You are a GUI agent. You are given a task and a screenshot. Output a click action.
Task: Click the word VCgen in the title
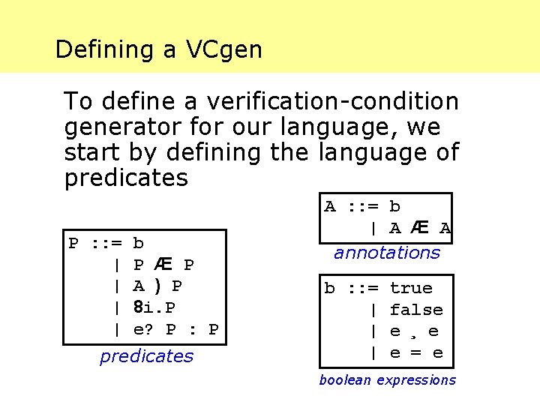[224, 49]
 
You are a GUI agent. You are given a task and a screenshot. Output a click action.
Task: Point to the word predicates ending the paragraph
[126, 178]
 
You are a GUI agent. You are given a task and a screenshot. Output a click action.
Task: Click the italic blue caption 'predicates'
[146, 356]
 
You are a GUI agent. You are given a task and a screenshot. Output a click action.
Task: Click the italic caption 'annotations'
[387, 253]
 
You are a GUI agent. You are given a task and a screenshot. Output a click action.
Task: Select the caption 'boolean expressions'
[387, 380]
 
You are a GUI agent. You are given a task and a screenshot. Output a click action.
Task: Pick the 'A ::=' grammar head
[352, 206]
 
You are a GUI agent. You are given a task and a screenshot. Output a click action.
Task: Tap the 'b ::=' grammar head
[352, 288]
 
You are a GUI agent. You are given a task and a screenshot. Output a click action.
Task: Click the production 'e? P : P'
[175, 329]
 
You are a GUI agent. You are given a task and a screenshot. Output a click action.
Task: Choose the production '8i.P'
[154, 307]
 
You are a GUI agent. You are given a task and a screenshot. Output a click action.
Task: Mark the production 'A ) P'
[157, 286]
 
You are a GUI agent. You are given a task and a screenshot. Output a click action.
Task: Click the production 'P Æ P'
[163, 265]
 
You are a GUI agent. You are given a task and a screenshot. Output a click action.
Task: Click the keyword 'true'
[411, 288]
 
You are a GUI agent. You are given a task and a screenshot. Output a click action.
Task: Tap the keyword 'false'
[416, 310]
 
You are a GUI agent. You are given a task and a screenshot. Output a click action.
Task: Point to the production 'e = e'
[416, 352]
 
